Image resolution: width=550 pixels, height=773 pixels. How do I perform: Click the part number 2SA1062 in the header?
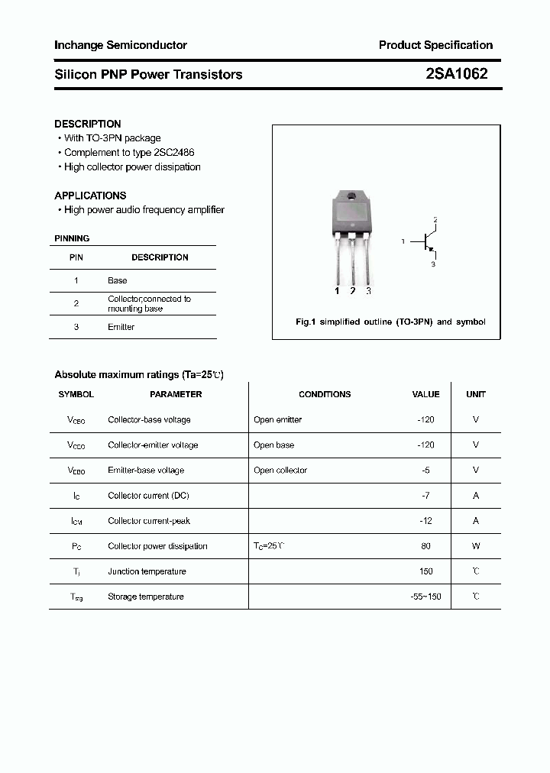click(456, 74)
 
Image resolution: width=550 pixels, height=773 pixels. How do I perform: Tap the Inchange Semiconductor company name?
click(121, 45)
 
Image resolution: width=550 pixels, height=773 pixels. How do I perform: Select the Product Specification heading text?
click(435, 45)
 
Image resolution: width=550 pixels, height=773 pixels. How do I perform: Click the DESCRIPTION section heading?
click(88, 124)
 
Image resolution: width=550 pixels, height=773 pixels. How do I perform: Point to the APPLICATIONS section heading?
click(90, 196)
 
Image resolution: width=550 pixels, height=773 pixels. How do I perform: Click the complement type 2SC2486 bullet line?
click(132, 153)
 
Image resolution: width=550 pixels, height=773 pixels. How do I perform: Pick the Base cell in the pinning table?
click(118, 280)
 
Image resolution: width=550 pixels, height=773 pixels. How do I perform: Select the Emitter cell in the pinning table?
click(121, 327)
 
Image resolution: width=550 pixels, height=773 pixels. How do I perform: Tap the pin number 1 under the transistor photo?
click(337, 291)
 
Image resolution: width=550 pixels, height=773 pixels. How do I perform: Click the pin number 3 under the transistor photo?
click(368, 291)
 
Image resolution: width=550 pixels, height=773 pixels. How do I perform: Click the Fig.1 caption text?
click(390, 322)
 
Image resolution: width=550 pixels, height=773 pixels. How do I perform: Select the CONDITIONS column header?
click(325, 394)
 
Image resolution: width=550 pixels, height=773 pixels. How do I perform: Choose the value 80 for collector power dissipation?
click(425, 546)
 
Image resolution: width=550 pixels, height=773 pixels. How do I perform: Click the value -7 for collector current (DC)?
click(425, 496)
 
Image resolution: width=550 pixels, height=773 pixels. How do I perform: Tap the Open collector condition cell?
click(280, 471)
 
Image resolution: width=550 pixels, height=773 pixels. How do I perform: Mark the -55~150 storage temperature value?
click(425, 597)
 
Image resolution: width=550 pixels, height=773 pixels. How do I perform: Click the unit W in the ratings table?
click(476, 546)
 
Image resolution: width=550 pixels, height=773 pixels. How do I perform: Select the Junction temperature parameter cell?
click(147, 571)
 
